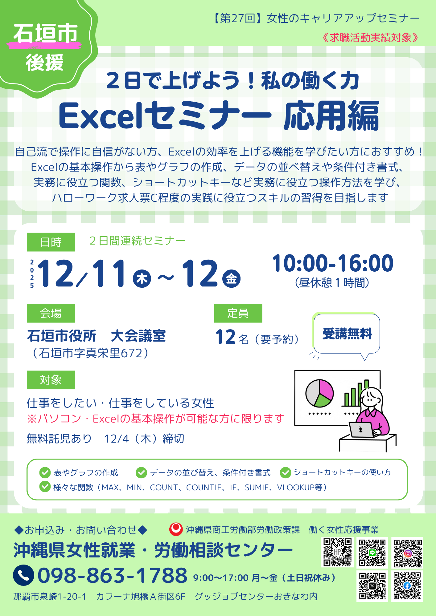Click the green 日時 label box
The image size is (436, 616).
pos(51,242)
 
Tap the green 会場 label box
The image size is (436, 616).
pos(51,313)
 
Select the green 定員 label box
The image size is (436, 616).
pos(238,313)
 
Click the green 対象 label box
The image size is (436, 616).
pos(51,380)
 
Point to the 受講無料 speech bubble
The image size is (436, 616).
pos(347,334)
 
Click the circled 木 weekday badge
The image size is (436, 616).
pos(142,278)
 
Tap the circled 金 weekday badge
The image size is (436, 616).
pos(232,278)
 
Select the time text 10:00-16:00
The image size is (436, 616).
pos(333,263)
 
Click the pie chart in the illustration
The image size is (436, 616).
pos(319,393)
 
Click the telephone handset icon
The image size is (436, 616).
pos(23,575)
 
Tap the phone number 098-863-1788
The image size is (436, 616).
pos(113,575)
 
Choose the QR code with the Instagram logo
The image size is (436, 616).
pos(408,553)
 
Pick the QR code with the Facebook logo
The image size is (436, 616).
pos(408,586)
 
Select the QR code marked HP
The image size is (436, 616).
pos(338,552)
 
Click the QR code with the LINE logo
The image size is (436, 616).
pos(372,553)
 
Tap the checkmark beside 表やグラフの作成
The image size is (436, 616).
pos(45,472)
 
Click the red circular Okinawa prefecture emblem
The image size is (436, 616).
pos(176,529)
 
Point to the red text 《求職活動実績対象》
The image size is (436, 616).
pos(370,38)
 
